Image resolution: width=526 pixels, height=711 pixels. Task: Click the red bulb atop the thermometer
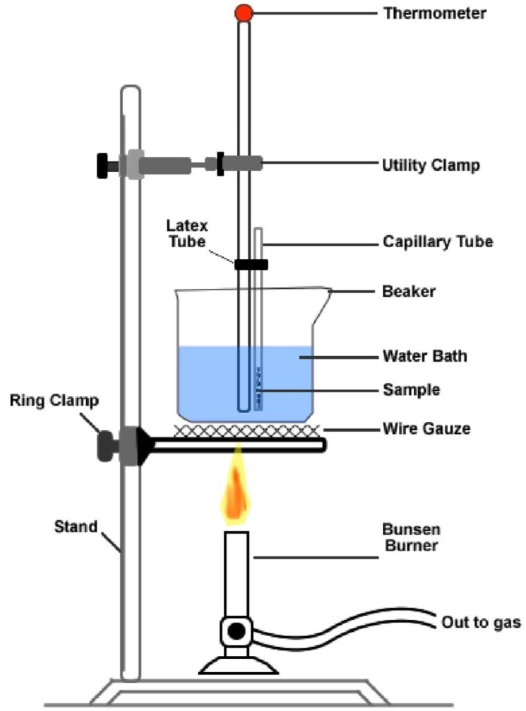click(244, 12)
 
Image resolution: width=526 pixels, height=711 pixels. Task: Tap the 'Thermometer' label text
click(435, 13)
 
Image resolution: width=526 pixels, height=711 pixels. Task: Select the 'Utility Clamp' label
click(431, 165)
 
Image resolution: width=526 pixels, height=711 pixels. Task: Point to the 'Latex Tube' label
click(187, 233)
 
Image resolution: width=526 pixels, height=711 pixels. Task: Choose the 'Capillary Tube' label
click(438, 242)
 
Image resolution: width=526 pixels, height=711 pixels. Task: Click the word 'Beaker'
click(409, 291)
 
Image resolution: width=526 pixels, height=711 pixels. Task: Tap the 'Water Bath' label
click(425, 357)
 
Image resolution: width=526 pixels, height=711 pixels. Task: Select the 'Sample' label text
click(411, 390)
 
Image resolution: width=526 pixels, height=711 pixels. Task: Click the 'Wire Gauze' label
click(427, 429)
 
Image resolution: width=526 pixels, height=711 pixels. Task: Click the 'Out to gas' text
click(481, 622)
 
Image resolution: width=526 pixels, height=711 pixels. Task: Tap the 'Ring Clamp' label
click(54, 401)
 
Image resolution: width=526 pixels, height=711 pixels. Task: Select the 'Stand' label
click(76, 526)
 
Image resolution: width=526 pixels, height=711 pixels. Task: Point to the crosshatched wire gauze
click(247, 430)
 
